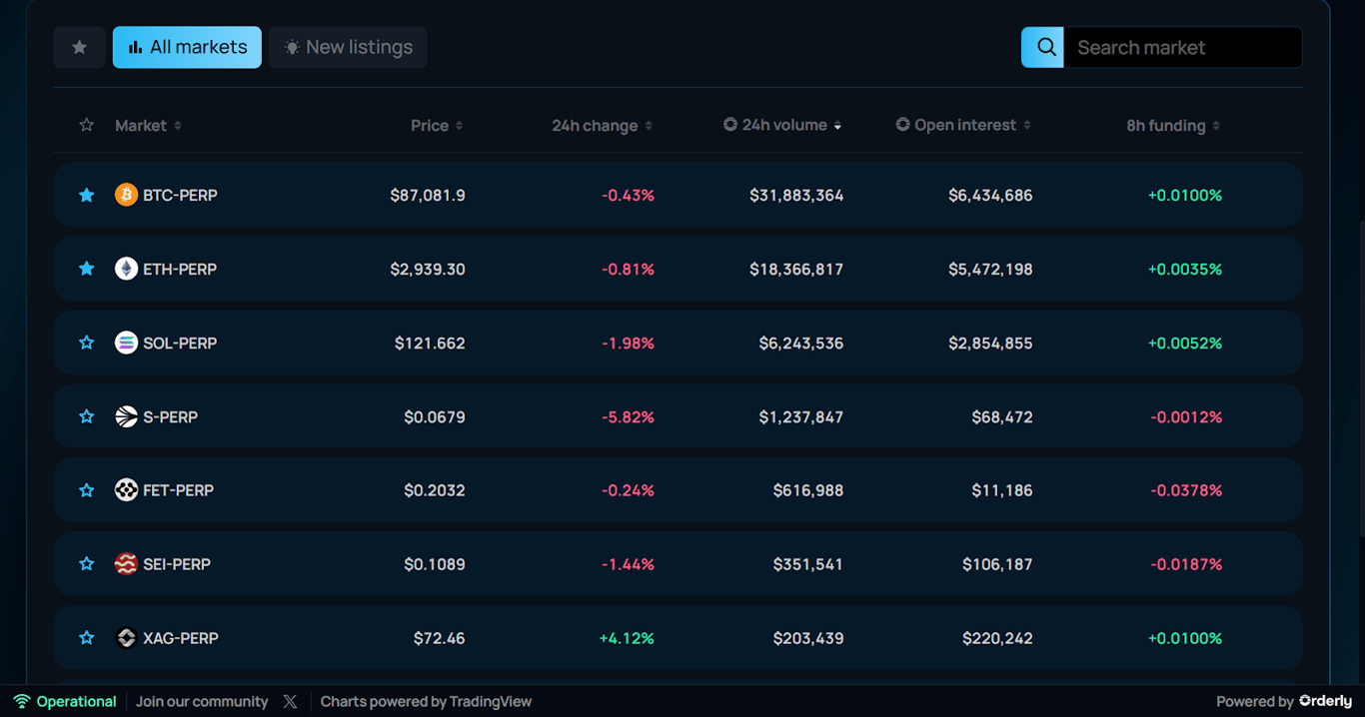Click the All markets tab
(187, 47)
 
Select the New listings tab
(348, 47)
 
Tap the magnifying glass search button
(1042, 47)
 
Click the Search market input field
(1181, 47)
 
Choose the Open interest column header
(963, 125)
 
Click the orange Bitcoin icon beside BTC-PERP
(126, 195)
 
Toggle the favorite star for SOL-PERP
(87, 343)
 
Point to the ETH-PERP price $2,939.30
(428, 269)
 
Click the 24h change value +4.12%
(627, 638)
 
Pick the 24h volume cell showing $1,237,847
(800, 416)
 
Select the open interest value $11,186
(1001, 490)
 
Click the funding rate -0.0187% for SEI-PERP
(1185, 564)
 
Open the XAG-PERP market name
(180, 638)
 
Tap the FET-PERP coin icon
(126, 490)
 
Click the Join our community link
(202, 702)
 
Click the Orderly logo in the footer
(1325, 702)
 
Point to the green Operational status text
(76, 702)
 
